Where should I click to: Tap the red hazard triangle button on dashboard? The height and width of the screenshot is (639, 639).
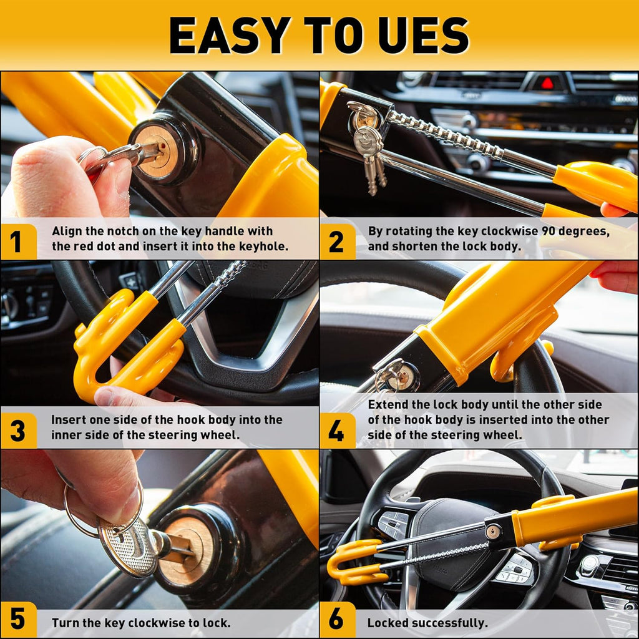pyautogui.click(x=547, y=83)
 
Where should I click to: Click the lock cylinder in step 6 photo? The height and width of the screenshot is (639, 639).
pyautogui.click(x=493, y=532)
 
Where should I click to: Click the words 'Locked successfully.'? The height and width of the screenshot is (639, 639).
pyautogui.click(x=427, y=623)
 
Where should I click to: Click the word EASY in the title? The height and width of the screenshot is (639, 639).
pyautogui.click(x=227, y=35)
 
